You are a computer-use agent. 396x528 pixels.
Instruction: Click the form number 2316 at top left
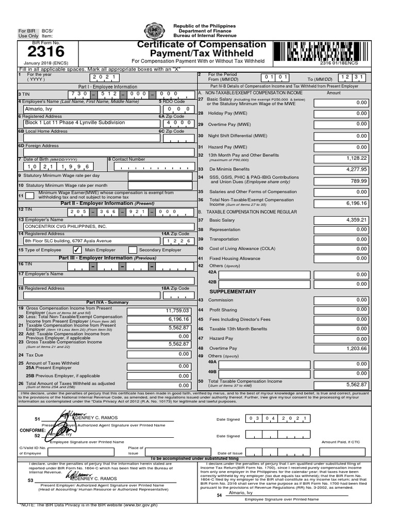pos(46,52)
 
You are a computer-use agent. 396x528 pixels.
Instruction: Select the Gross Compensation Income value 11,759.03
pos(159,311)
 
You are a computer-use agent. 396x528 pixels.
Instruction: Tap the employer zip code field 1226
pos(178,241)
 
